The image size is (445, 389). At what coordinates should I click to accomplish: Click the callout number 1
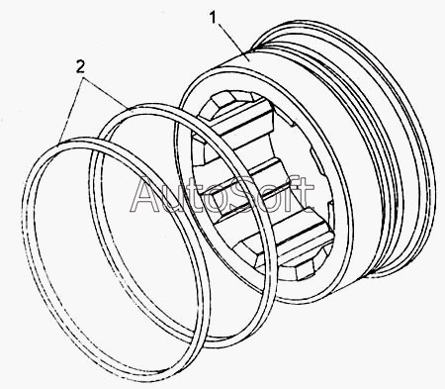click(214, 18)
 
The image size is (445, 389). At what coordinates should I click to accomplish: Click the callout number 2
click(80, 67)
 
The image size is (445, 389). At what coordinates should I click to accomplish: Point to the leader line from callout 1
click(232, 40)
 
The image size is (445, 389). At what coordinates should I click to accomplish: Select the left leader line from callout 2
click(71, 111)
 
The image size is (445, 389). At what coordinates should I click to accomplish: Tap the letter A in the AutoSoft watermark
click(146, 194)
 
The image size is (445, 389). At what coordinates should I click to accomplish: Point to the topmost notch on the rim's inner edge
click(290, 123)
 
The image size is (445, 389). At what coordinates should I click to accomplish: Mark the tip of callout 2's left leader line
click(59, 144)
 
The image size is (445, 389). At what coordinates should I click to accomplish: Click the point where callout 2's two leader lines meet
click(84, 78)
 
